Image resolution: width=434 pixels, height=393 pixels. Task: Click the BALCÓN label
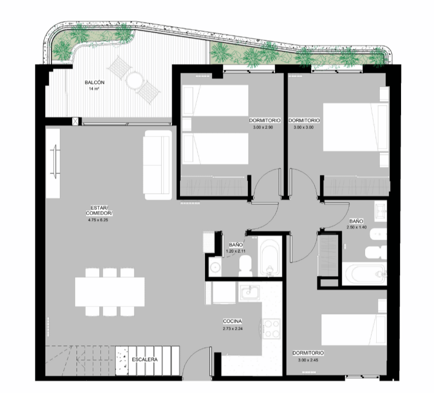(95, 82)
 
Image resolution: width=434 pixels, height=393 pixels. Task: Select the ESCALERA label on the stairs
(145, 360)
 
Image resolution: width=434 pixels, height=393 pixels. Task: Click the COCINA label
(233, 321)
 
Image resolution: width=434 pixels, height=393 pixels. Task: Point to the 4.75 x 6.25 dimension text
(98, 220)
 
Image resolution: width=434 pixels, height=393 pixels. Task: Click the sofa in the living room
(158, 164)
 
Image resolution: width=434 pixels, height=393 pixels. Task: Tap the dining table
(110, 292)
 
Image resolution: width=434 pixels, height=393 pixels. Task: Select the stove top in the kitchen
(272, 329)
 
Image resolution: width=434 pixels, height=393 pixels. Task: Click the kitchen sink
(249, 293)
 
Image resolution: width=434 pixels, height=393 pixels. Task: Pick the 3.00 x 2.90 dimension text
(263, 127)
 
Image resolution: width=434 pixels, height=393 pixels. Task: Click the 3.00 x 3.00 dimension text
(304, 127)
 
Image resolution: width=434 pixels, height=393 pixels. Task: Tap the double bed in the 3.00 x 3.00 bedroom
(356, 127)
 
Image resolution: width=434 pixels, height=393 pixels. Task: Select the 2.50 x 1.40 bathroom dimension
(356, 227)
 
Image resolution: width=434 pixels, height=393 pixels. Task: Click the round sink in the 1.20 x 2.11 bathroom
(215, 267)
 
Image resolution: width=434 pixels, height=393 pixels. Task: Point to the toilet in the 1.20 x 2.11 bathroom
(245, 266)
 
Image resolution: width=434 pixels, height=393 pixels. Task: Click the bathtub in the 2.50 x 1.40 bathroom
(364, 274)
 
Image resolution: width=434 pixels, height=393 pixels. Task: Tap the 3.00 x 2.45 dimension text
(308, 360)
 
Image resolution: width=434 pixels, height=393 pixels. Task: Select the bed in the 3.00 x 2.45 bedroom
(354, 329)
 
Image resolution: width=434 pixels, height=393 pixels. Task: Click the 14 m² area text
(94, 89)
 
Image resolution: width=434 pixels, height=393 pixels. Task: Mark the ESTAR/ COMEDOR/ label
(99, 210)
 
